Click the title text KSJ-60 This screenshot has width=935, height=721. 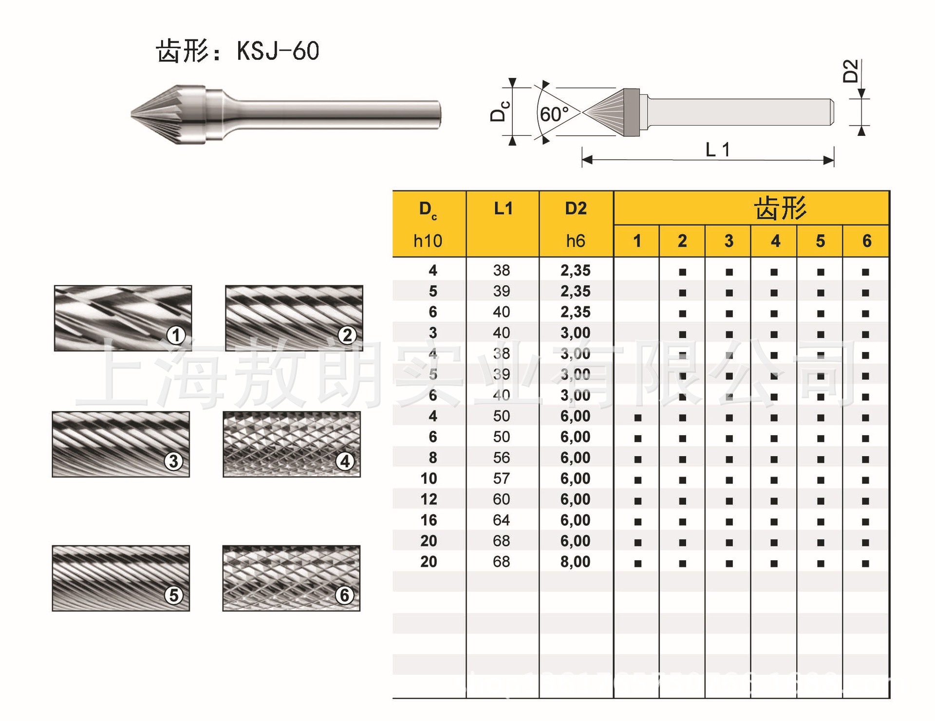pyautogui.click(x=278, y=51)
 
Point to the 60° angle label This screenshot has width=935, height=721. pyautogui.click(x=554, y=115)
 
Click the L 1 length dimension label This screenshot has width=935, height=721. pyautogui.click(x=717, y=149)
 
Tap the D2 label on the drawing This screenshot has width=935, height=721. pyautogui.click(x=850, y=71)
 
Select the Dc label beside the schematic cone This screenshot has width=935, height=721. pyautogui.click(x=500, y=111)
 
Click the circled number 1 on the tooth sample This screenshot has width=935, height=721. pyautogui.click(x=176, y=335)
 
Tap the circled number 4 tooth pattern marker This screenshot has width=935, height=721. pyautogui.click(x=345, y=461)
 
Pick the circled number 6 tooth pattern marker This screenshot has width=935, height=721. pyautogui.click(x=344, y=594)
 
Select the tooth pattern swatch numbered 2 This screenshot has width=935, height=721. pyautogui.click(x=294, y=318)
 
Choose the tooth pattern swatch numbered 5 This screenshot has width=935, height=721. pyautogui.click(x=121, y=578)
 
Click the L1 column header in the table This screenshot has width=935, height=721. pyautogui.click(x=503, y=209)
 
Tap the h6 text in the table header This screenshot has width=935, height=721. pyautogui.click(x=575, y=241)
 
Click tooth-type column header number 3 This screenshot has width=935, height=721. pyautogui.click(x=729, y=241)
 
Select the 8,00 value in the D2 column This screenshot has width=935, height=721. pyautogui.click(x=575, y=562)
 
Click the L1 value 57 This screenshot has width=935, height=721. pyautogui.click(x=501, y=479)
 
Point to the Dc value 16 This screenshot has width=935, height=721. pyautogui.click(x=429, y=520)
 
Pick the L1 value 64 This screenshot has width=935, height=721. pyautogui.click(x=501, y=520)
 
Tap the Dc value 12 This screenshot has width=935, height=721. pyautogui.click(x=429, y=499)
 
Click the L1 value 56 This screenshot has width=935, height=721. pyautogui.click(x=501, y=458)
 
